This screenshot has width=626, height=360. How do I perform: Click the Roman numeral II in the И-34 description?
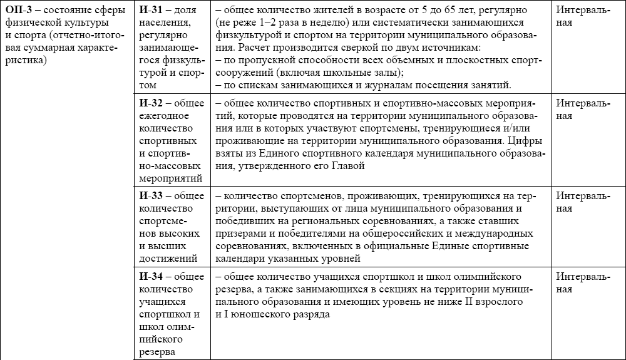coord(468,300)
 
